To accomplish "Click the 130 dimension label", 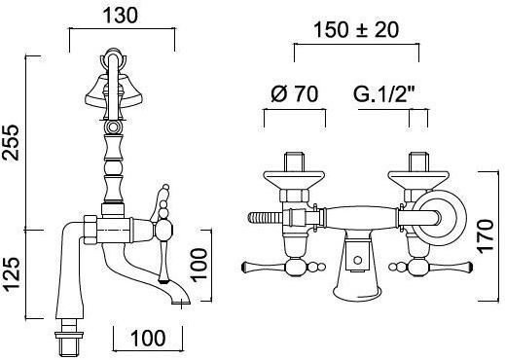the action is tap(120, 16).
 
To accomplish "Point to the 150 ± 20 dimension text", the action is tap(356, 30).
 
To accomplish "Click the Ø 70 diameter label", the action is tap(294, 94).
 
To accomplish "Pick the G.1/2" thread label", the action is tap(384, 94).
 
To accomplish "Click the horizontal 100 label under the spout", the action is tap(148, 338).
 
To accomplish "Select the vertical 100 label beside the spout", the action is tap(198, 264).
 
